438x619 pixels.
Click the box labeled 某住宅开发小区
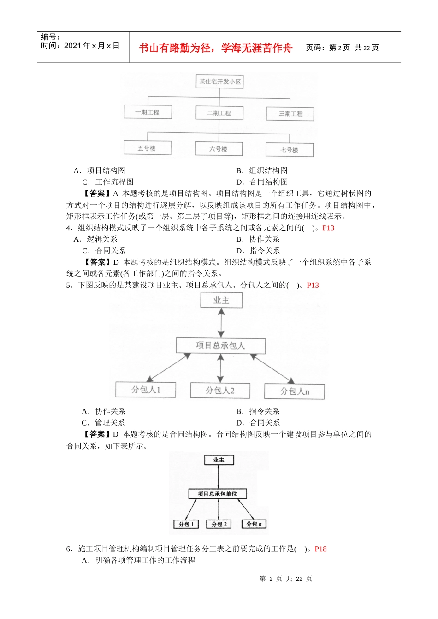(x=219, y=82)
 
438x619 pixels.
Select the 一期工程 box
(x=148, y=112)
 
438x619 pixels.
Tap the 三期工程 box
(x=290, y=114)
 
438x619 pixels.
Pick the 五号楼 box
(x=147, y=148)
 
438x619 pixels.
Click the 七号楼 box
(x=289, y=150)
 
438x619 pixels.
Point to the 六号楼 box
(x=219, y=149)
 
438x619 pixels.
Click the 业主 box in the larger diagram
(x=221, y=300)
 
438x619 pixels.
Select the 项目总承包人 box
(x=220, y=345)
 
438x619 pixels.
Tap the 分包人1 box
(x=146, y=390)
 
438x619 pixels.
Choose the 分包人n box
(x=294, y=391)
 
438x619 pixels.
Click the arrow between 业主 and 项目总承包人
(x=221, y=323)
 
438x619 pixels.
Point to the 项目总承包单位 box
(x=218, y=494)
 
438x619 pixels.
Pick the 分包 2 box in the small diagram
(x=219, y=524)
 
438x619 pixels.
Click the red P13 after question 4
(x=328, y=228)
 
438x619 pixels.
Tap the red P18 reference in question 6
(x=320, y=549)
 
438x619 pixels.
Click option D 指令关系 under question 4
(x=258, y=251)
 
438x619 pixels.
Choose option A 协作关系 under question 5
(x=104, y=411)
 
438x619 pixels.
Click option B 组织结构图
(x=262, y=170)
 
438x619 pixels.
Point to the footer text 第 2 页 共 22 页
(x=286, y=578)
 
